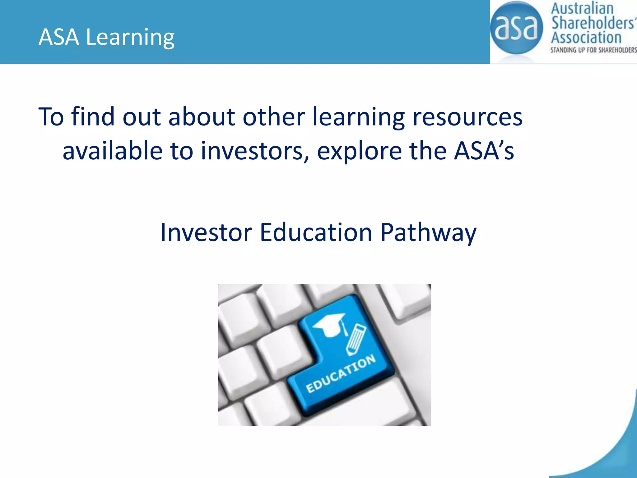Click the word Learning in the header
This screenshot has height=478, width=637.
[130, 37]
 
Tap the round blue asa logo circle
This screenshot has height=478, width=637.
[516, 28]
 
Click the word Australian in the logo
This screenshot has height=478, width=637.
[582, 8]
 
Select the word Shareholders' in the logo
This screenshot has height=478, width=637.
[593, 23]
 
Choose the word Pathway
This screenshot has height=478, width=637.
[428, 233]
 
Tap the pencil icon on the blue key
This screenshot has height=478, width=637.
[356, 340]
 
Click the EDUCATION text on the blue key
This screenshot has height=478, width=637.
[341, 374]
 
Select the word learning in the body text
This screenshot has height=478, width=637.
[358, 117]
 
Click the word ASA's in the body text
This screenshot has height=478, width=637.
[484, 151]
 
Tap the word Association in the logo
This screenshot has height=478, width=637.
[586, 38]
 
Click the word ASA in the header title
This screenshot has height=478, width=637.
[59, 37]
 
